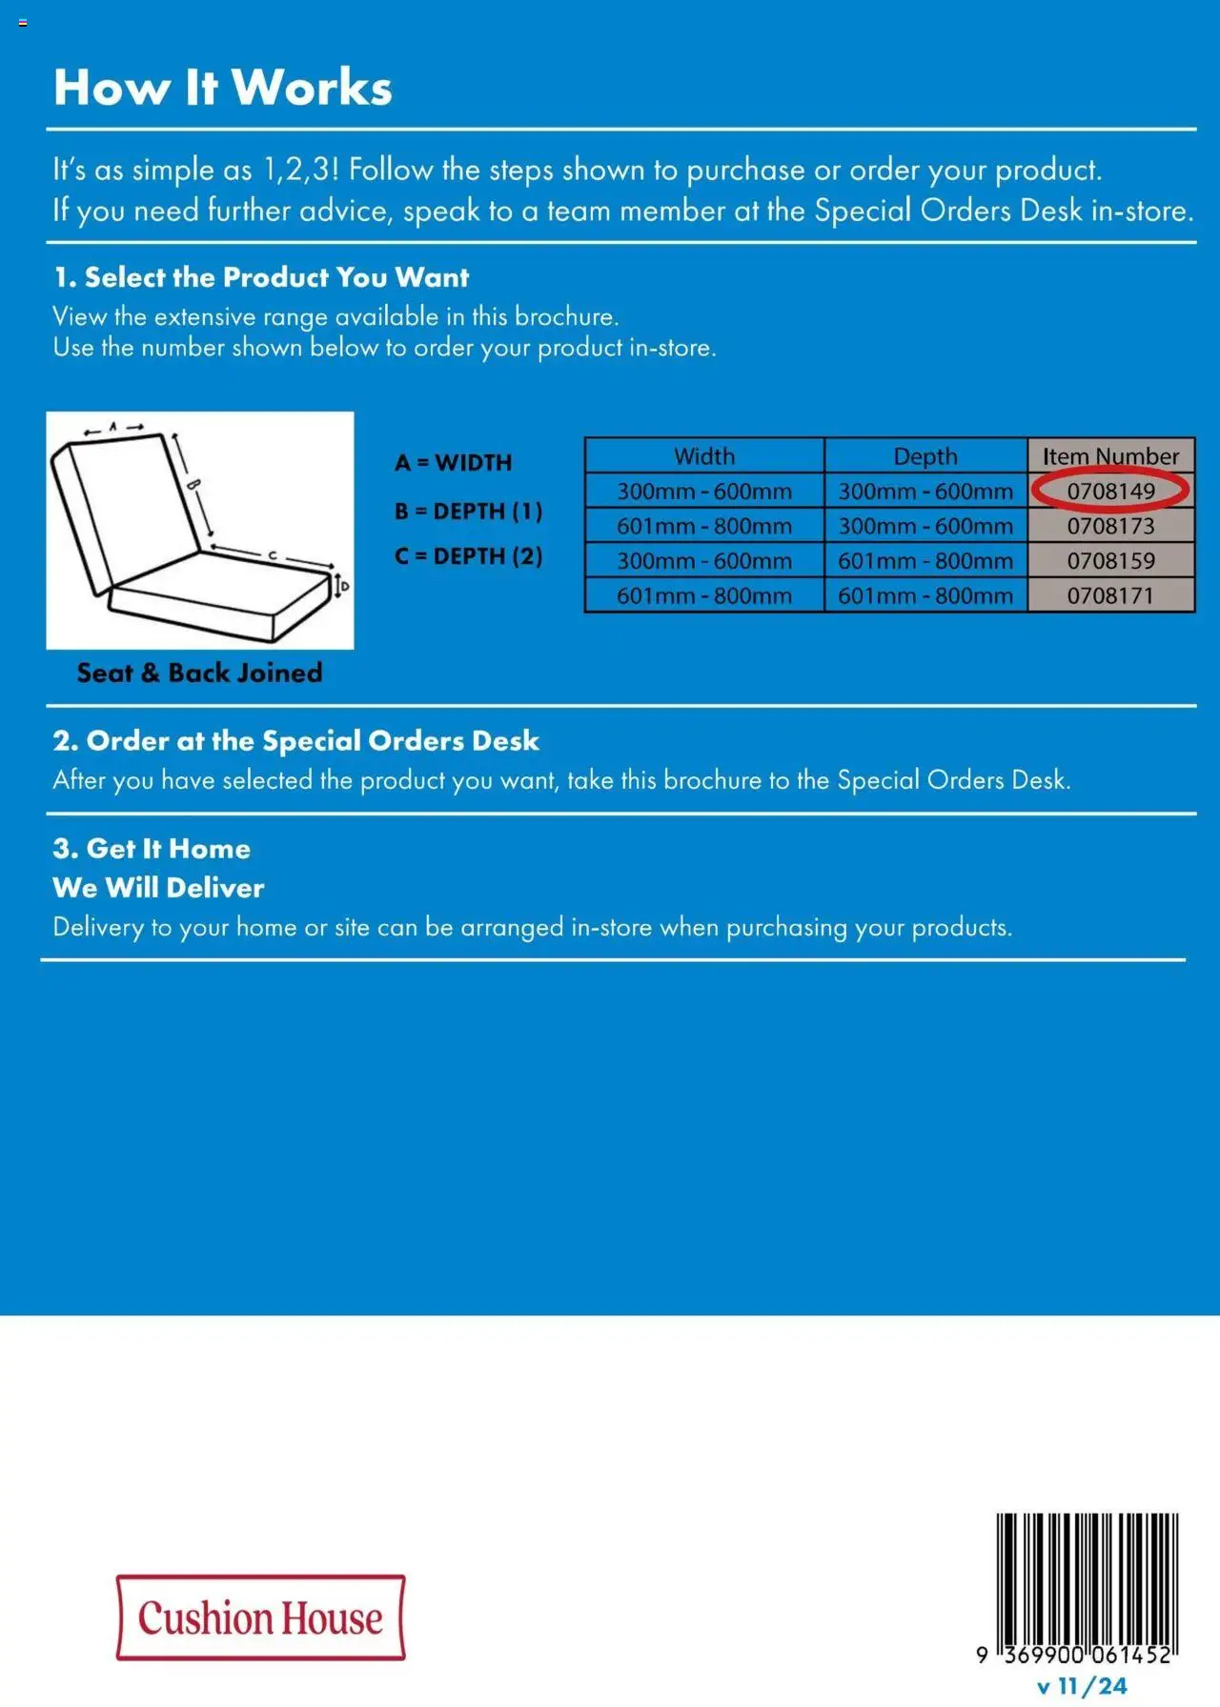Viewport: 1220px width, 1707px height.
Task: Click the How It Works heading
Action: [223, 88]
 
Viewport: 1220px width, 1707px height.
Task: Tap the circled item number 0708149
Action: [1110, 491]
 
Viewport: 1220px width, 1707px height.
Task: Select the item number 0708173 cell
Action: [1110, 526]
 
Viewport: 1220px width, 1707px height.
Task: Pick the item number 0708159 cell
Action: [1110, 561]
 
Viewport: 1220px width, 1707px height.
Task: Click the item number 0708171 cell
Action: [1110, 596]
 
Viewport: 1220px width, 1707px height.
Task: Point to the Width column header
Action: [704, 456]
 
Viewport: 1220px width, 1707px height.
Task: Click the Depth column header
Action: [925, 456]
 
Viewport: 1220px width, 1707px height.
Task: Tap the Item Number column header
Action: [1110, 456]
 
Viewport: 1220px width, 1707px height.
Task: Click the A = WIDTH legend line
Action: [454, 463]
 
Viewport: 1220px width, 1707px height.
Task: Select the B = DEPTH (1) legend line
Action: [469, 512]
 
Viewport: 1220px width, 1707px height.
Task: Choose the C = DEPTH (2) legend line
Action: [469, 556]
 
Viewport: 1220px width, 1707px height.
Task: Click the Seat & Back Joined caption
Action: [200, 673]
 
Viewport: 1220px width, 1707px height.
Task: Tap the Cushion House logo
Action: [260, 1618]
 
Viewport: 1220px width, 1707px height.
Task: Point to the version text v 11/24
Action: [1082, 1687]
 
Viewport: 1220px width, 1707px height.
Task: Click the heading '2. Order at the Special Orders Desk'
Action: [295, 741]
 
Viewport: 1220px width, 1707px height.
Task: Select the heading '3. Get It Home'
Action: [152, 849]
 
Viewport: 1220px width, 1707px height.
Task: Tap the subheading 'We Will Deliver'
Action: [158, 888]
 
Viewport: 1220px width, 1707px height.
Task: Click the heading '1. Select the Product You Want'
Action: [261, 278]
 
